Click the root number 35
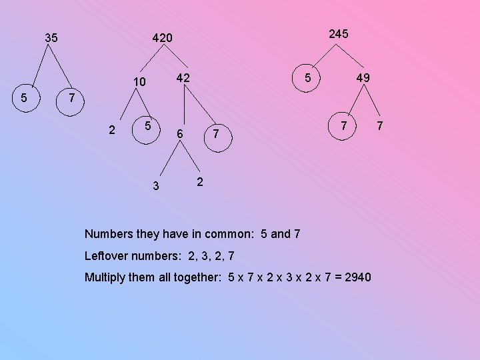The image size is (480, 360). pyautogui.click(x=51, y=38)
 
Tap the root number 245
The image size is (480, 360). pyautogui.click(x=339, y=33)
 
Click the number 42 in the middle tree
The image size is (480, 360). pyautogui.click(x=183, y=78)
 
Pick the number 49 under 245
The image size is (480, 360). pyautogui.click(x=363, y=78)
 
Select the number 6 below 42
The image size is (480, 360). pyautogui.click(x=179, y=135)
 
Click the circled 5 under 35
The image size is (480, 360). pyautogui.click(x=24, y=97)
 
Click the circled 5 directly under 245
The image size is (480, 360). pyautogui.click(x=307, y=77)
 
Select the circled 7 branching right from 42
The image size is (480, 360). pyautogui.click(x=215, y=135)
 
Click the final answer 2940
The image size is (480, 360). pyautogui.click(x=358, y=277)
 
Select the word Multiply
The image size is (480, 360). pyautogui.click(x=105, y=277)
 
